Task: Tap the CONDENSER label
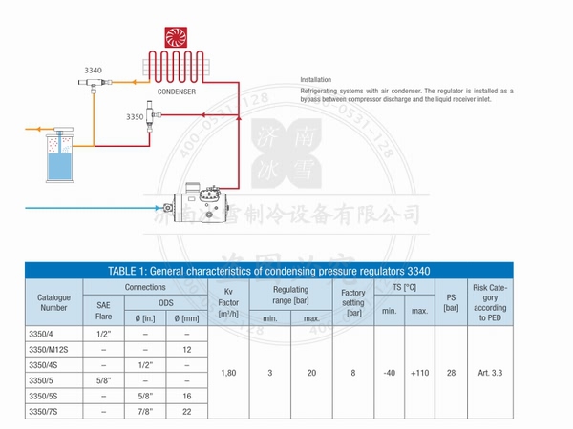178,92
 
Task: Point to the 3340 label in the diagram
93,71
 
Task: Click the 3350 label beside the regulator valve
135,116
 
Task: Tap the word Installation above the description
317,79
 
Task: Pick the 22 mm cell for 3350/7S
188,410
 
